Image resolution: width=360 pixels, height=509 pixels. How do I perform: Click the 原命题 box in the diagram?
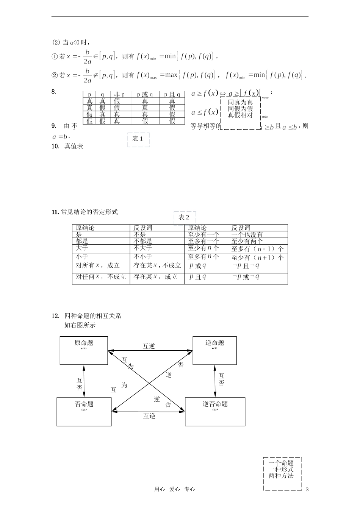click(84, 350)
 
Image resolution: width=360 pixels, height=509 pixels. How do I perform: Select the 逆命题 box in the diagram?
click(214, 350)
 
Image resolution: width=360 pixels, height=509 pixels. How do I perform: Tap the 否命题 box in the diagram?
click(84, 412)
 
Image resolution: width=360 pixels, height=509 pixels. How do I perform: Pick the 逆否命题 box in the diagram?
click(215, 412)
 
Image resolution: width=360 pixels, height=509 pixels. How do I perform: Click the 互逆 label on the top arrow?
click(149, 346)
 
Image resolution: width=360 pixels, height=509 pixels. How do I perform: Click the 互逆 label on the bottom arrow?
click(149, 416)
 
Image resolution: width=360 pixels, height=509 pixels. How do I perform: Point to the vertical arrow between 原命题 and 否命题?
click(84, 381)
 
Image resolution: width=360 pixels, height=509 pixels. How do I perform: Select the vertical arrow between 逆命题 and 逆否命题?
click(215, 381)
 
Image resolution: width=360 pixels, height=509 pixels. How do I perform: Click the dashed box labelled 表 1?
click(138, 139)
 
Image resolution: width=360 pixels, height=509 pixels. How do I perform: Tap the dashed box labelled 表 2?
click(184, 218)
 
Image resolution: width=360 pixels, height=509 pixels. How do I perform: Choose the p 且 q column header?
click(172, 95)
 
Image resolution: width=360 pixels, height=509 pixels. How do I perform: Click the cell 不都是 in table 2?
click(143, 241)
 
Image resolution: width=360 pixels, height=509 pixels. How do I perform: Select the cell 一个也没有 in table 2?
click(247, 235)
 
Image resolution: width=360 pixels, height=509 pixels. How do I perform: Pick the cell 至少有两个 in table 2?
click(247, 241)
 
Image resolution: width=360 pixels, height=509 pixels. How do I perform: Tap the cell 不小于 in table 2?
click(143, 257)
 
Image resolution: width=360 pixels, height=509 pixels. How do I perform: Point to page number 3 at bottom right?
click(307, 490)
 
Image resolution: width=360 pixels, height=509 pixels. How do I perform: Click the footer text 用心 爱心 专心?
click(174, 489)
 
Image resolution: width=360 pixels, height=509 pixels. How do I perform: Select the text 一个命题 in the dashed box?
click(281, 463)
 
